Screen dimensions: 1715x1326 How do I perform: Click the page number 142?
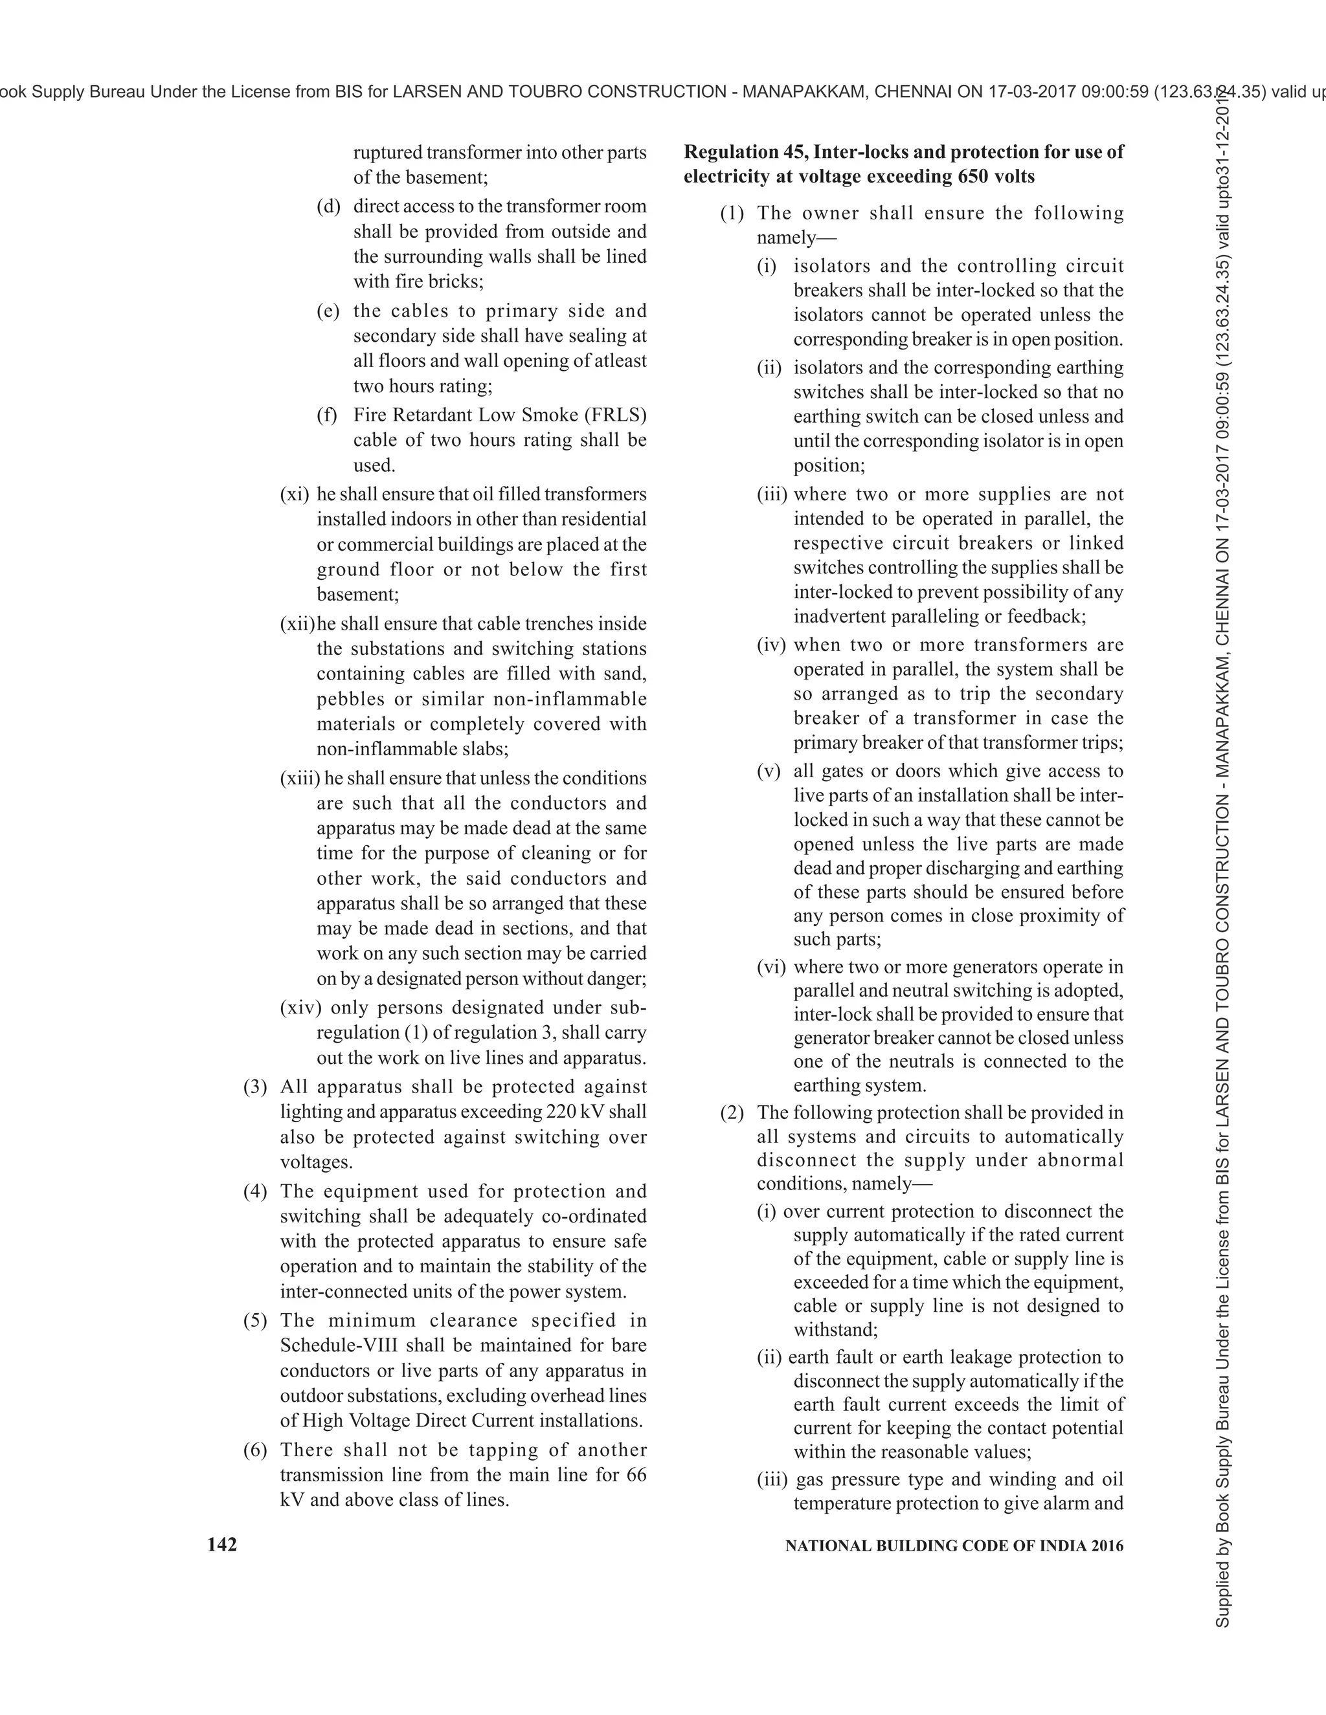(x=221, y=1545)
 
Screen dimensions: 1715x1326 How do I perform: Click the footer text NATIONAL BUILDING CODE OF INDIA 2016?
(x=954, y=1545)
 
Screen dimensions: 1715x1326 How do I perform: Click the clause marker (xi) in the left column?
(x=295, y=494)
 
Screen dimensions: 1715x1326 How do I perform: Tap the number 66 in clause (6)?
(x=636, y=1475)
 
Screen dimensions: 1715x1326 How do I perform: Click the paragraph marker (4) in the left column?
(x=255, y=1191)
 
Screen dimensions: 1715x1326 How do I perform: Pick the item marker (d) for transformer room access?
(x=328, y=206)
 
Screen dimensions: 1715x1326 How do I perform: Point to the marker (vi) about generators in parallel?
(x=770, y=967)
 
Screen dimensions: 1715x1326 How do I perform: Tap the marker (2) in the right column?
(x=732, y=1112)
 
